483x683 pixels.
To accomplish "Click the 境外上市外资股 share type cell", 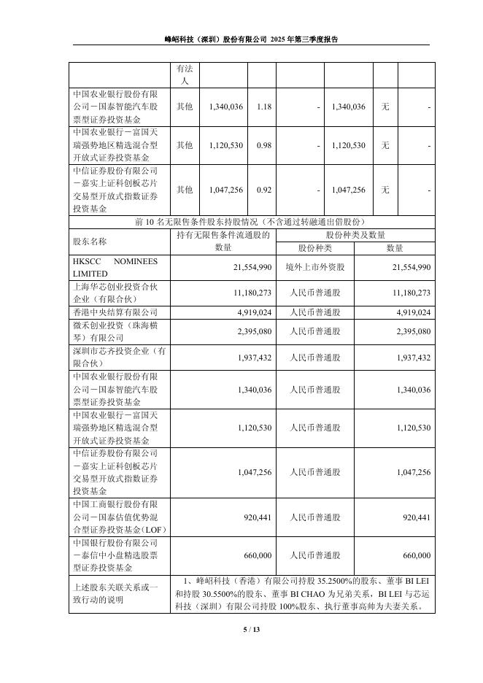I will coord(314,268).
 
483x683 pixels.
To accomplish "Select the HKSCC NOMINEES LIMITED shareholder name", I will coord(109,268).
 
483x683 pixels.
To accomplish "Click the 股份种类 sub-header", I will coord(314,247).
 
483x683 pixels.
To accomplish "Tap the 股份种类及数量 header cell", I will coord(355,235).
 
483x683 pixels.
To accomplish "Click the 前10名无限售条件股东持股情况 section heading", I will coord(250,222).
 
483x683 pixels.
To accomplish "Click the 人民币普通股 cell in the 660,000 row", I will coord(314,555).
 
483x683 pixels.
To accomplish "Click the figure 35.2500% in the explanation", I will coord(319,581).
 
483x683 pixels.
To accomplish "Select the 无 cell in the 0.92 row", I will coord(385,190).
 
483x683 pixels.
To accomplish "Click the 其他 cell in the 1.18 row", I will coord(185,107).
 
